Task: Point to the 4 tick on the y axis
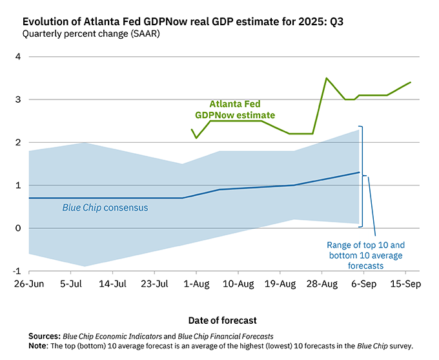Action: pos(18,57)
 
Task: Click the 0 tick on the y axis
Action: pos(18,228)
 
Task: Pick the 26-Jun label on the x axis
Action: pos(29,284)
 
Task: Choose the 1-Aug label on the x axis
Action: pos(196,284)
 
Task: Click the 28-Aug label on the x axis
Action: pos(322,284)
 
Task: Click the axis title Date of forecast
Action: pos(223,320)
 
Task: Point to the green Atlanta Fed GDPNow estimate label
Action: pos(235,109)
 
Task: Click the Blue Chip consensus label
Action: pos(105,207)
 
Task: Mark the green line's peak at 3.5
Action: pos(327,78)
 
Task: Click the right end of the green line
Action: pos(411,82)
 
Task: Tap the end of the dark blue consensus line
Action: pos(359,173)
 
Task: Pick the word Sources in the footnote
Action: pos(43,337)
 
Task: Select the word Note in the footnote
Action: pos(39,345)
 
